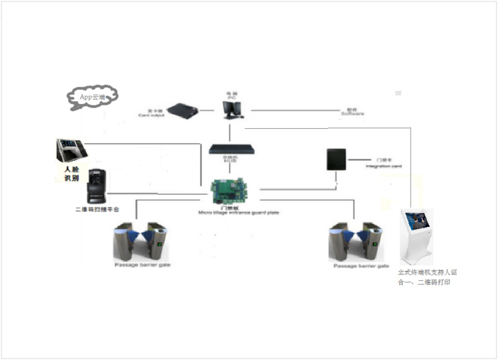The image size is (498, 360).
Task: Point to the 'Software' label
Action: [351, 112]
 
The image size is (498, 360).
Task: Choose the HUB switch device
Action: [229, 150]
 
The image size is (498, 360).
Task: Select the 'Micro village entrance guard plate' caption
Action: [229, 211]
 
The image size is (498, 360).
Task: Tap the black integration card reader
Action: [336, 160]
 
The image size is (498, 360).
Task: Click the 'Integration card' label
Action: [383, 164]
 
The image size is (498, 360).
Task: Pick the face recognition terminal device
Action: [70, 151]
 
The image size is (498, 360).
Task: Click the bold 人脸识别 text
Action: [72, 174]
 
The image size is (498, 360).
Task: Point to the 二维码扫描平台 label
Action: [97, 211]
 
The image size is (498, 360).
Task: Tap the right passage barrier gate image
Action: [355, 243]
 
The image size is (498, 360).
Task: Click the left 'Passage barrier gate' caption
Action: [142, 265]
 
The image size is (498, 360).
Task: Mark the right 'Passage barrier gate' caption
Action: [361, 266]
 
